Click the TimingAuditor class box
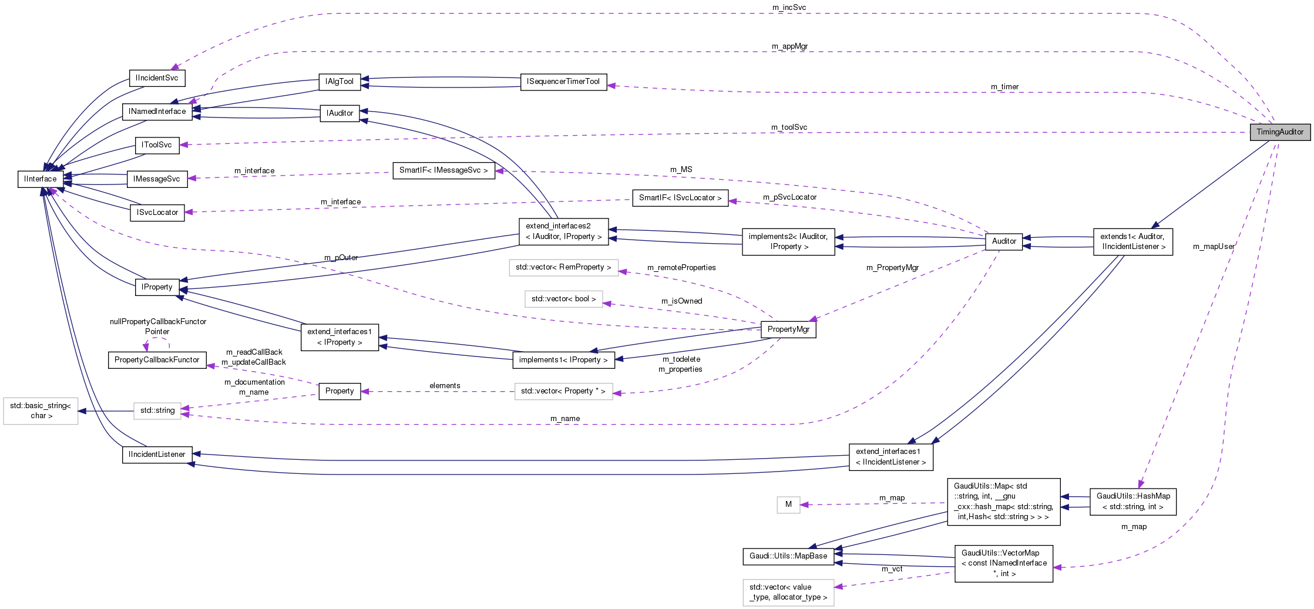click(x=1279, y=132)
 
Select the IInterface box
click(x=41, y=179)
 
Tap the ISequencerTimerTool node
click(x=563, y=82)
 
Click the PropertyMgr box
click(x=788, y=329)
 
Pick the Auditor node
click(x=1004, y=241)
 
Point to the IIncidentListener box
click(x=157, y=455)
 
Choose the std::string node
click(x=157, y=411)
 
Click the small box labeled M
click(x=788, y=504)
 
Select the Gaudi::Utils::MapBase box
click(x=788, y=556)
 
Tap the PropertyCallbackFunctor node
click(x=157, y=360)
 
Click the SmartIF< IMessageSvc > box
click(x=443, y=170)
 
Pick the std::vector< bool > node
click(x=563, y=299)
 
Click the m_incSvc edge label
click(x=789, y=8)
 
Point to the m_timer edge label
click(x=1004, y=87)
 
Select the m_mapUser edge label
click(x=1214, y=247)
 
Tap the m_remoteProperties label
click(x=681, y=268)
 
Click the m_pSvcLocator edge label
click(x=789, y=197)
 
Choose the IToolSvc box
click(x=157, y=145)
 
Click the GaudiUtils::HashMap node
click(x=1133, y=502)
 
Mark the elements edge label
click(x=445, y=386)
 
